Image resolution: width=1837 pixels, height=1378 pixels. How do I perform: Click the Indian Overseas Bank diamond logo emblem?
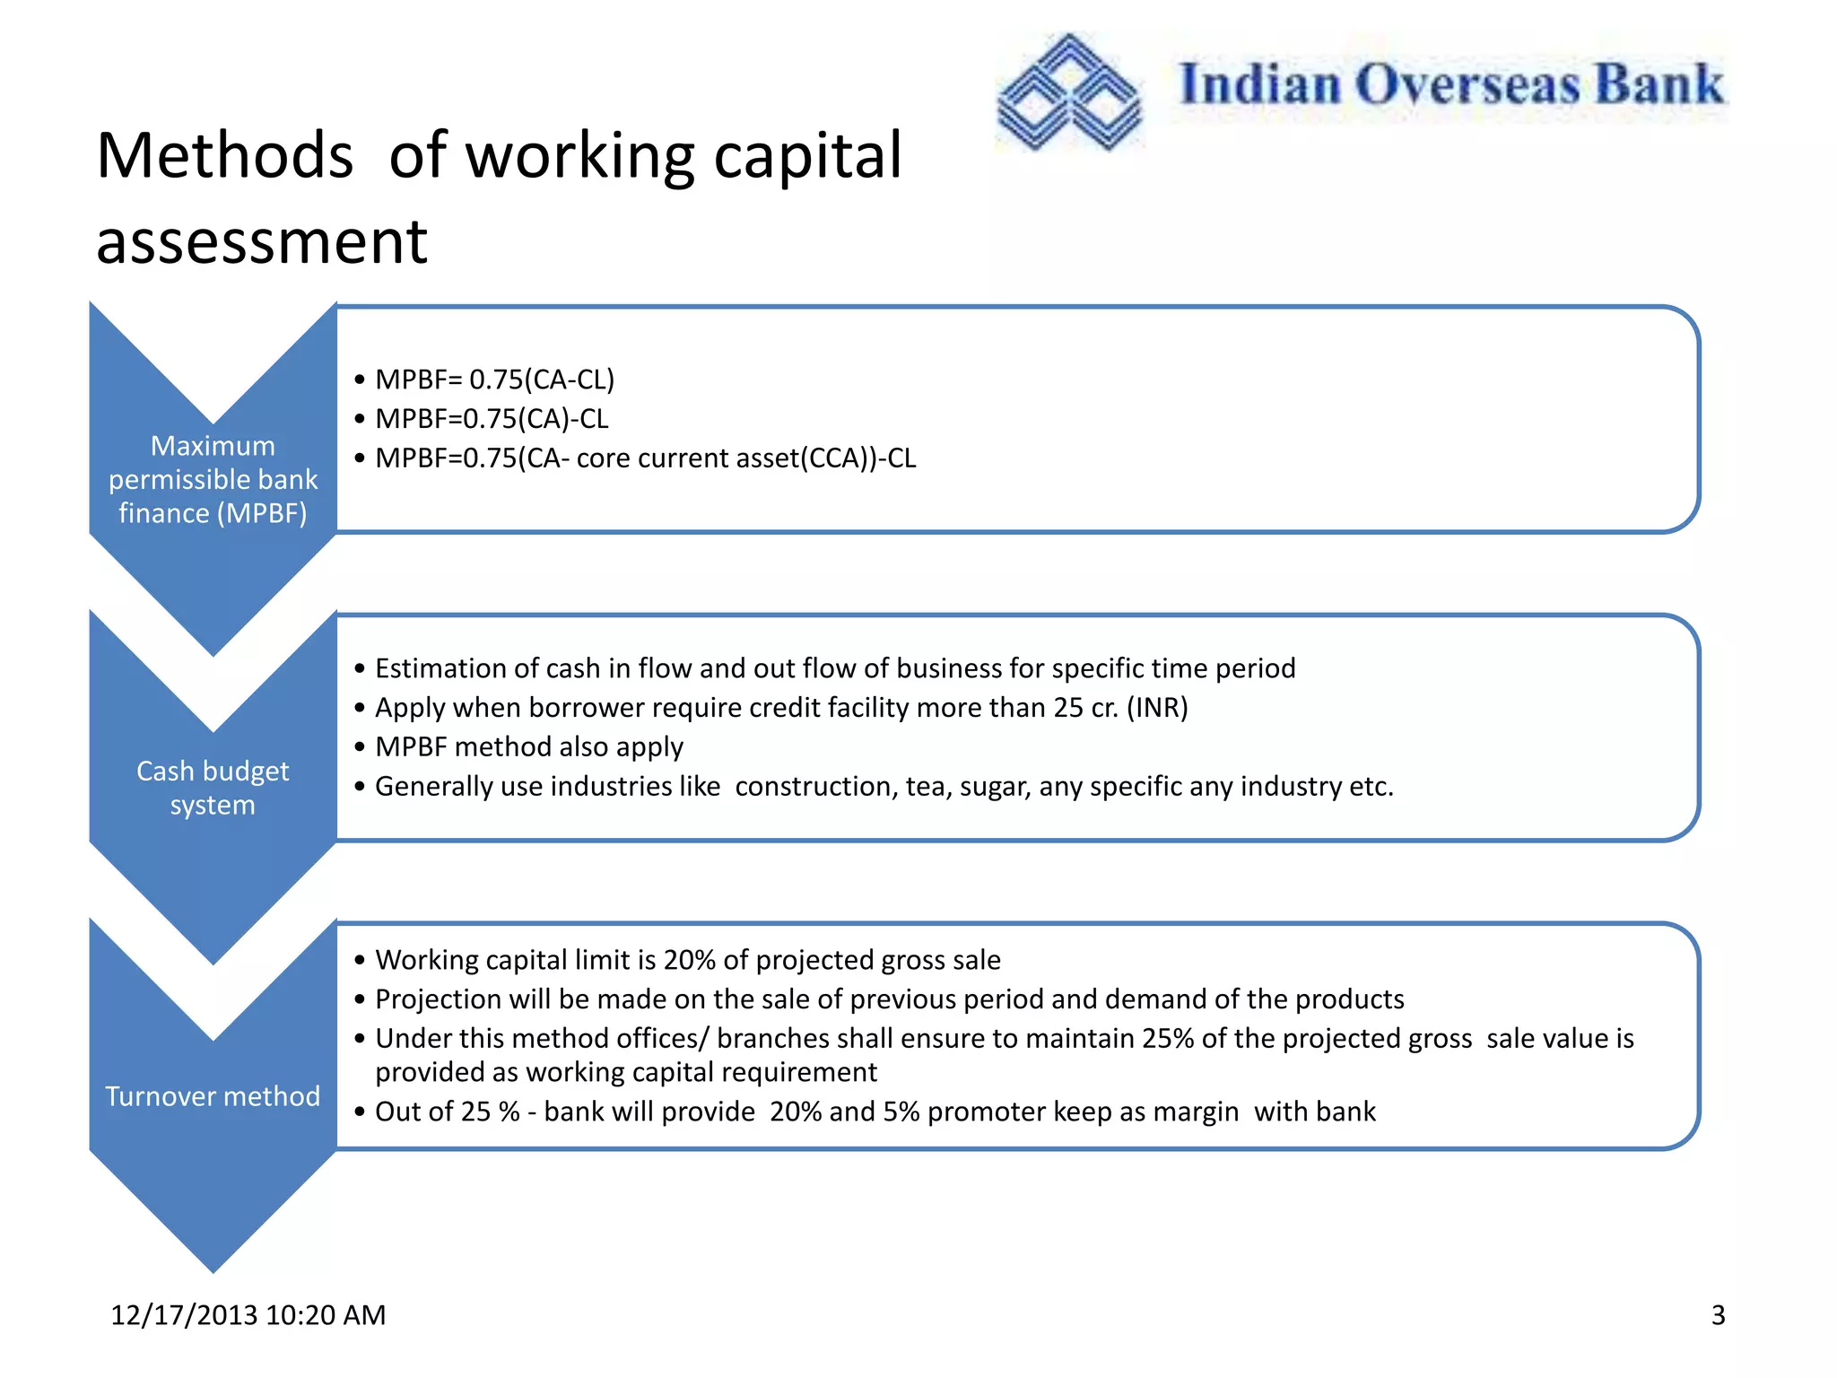(1069, 92)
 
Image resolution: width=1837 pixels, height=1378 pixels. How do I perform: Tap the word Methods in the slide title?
(224, 156)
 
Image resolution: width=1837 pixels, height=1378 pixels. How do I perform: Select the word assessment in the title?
(261, 242)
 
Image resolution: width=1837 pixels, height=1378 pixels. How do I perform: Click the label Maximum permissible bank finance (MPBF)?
(213, 479)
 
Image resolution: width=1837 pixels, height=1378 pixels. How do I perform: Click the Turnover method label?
(213, 1095)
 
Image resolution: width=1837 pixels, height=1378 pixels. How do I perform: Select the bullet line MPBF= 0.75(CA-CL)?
(494, 379)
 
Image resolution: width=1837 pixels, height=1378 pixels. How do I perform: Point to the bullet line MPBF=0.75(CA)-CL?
(492, 419)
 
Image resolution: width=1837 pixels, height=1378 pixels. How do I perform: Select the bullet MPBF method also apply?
(528, 747)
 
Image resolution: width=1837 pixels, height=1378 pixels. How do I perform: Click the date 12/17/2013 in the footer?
(184, 1314)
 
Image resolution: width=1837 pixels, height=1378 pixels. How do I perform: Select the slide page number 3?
(1718, 1314)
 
